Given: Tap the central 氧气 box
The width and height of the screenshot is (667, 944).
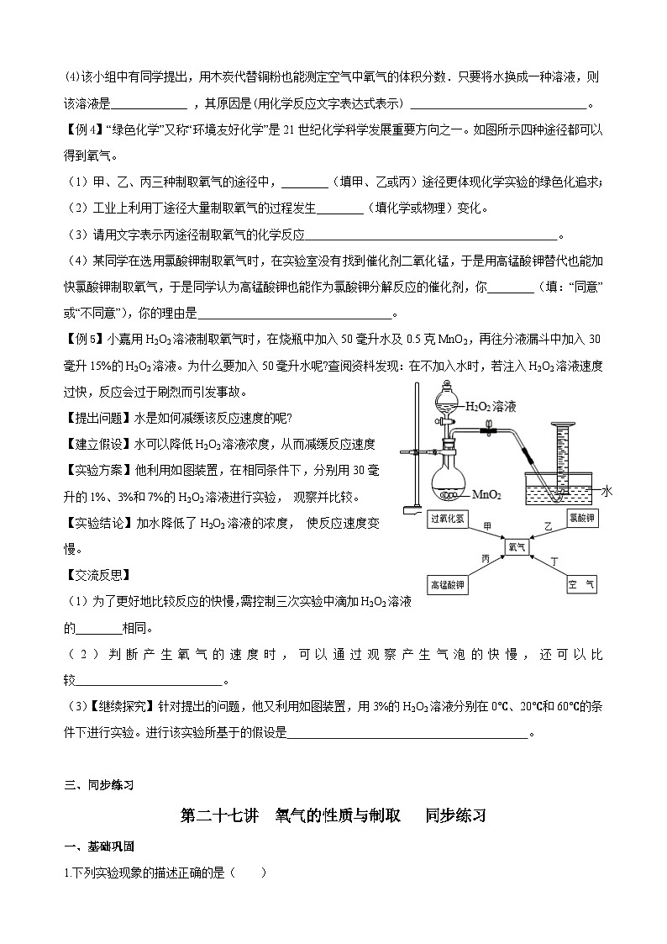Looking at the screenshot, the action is click(517, 546).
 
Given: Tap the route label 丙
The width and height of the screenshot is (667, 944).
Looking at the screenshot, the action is click(486, 558).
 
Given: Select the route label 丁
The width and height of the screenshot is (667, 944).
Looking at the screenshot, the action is click(553, 560).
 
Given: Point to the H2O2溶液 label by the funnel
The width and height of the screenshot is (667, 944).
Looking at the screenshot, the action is click(490, 406).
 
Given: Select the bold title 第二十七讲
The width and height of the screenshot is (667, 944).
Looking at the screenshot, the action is click(219, 815).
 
